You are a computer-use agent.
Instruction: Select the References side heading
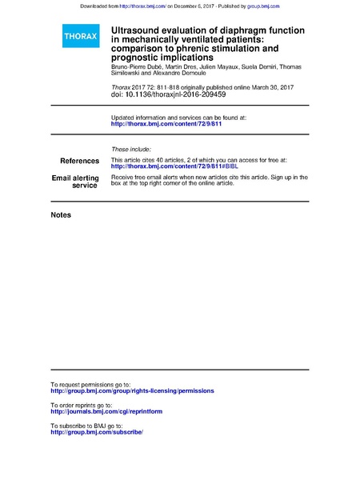pos(80,161)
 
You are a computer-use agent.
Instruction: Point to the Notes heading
pos(61,215)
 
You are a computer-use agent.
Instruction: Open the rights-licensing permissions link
pos(132,390)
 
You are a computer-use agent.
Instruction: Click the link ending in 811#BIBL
pos(164,166)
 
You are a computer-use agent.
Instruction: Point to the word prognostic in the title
pos(135,57)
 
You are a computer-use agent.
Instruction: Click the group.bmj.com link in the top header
pos(263,6)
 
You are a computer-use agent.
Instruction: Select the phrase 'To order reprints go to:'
pos(88,405)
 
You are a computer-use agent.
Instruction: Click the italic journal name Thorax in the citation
pos(121,86)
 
